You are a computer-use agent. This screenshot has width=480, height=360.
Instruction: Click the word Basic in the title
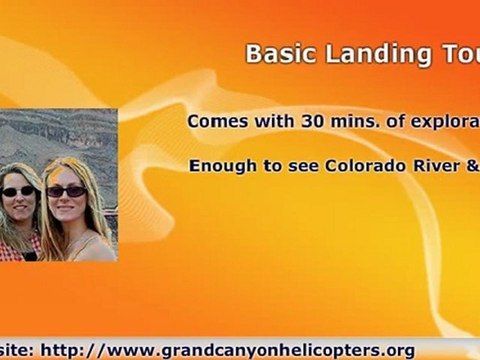(x=273, y=54)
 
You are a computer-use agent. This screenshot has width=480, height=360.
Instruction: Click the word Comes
(x=215, y=121)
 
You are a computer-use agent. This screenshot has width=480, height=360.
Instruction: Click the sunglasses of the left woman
(x=18, y=191)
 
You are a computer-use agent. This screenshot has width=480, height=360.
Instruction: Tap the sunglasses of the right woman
(x=66, y=191)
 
